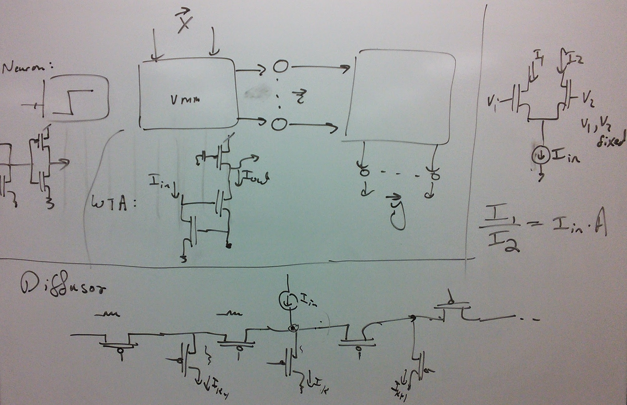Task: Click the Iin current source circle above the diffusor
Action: click(x=288, y=300)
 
